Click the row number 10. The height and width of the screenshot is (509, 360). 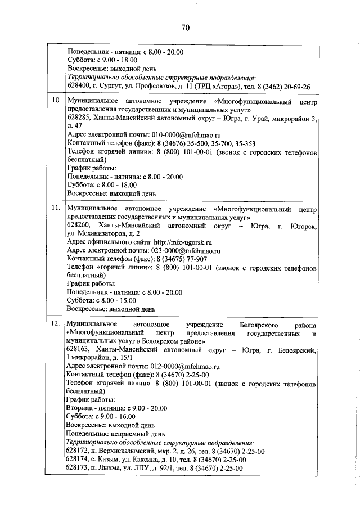pyautogui.click(x=56, y=101)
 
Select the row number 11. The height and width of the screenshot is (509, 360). pyautogui.click(x=56, y=208)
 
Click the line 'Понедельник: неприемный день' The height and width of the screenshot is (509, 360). pyautogui.click(x=115, y=434)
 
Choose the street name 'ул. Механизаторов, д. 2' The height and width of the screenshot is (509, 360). pyautogui.click(x=103, y=234)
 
